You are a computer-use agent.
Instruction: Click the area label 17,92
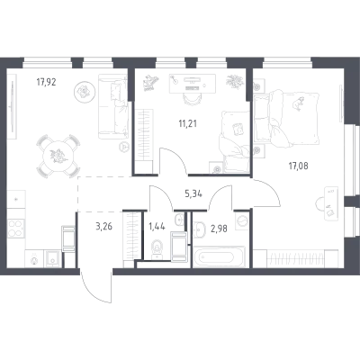coord(47,82)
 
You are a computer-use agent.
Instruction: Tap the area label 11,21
coord(188,123)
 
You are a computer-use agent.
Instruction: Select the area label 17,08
coord(299,166)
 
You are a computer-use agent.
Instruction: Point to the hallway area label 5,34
coord(193,194)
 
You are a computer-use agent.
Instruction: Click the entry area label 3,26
coord(103,226)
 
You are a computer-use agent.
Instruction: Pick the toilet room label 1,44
coord(157,226)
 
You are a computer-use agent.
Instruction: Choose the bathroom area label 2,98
coord(218,229)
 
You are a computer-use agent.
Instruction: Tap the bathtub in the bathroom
coord(219,256)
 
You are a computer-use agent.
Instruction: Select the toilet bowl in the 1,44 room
coord(157,248)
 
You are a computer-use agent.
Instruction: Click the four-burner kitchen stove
coord(15,229)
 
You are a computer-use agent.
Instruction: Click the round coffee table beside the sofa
coord(82,91)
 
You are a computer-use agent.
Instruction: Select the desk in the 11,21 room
coord(193,83)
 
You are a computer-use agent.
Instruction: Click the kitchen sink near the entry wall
coord(53,258)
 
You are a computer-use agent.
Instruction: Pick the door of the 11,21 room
coord(174,161)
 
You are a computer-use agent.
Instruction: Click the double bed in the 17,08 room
coord(286,118)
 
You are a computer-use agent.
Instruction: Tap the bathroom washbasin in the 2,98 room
coord(199,229)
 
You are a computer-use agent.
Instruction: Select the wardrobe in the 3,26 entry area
coord(132,237)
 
